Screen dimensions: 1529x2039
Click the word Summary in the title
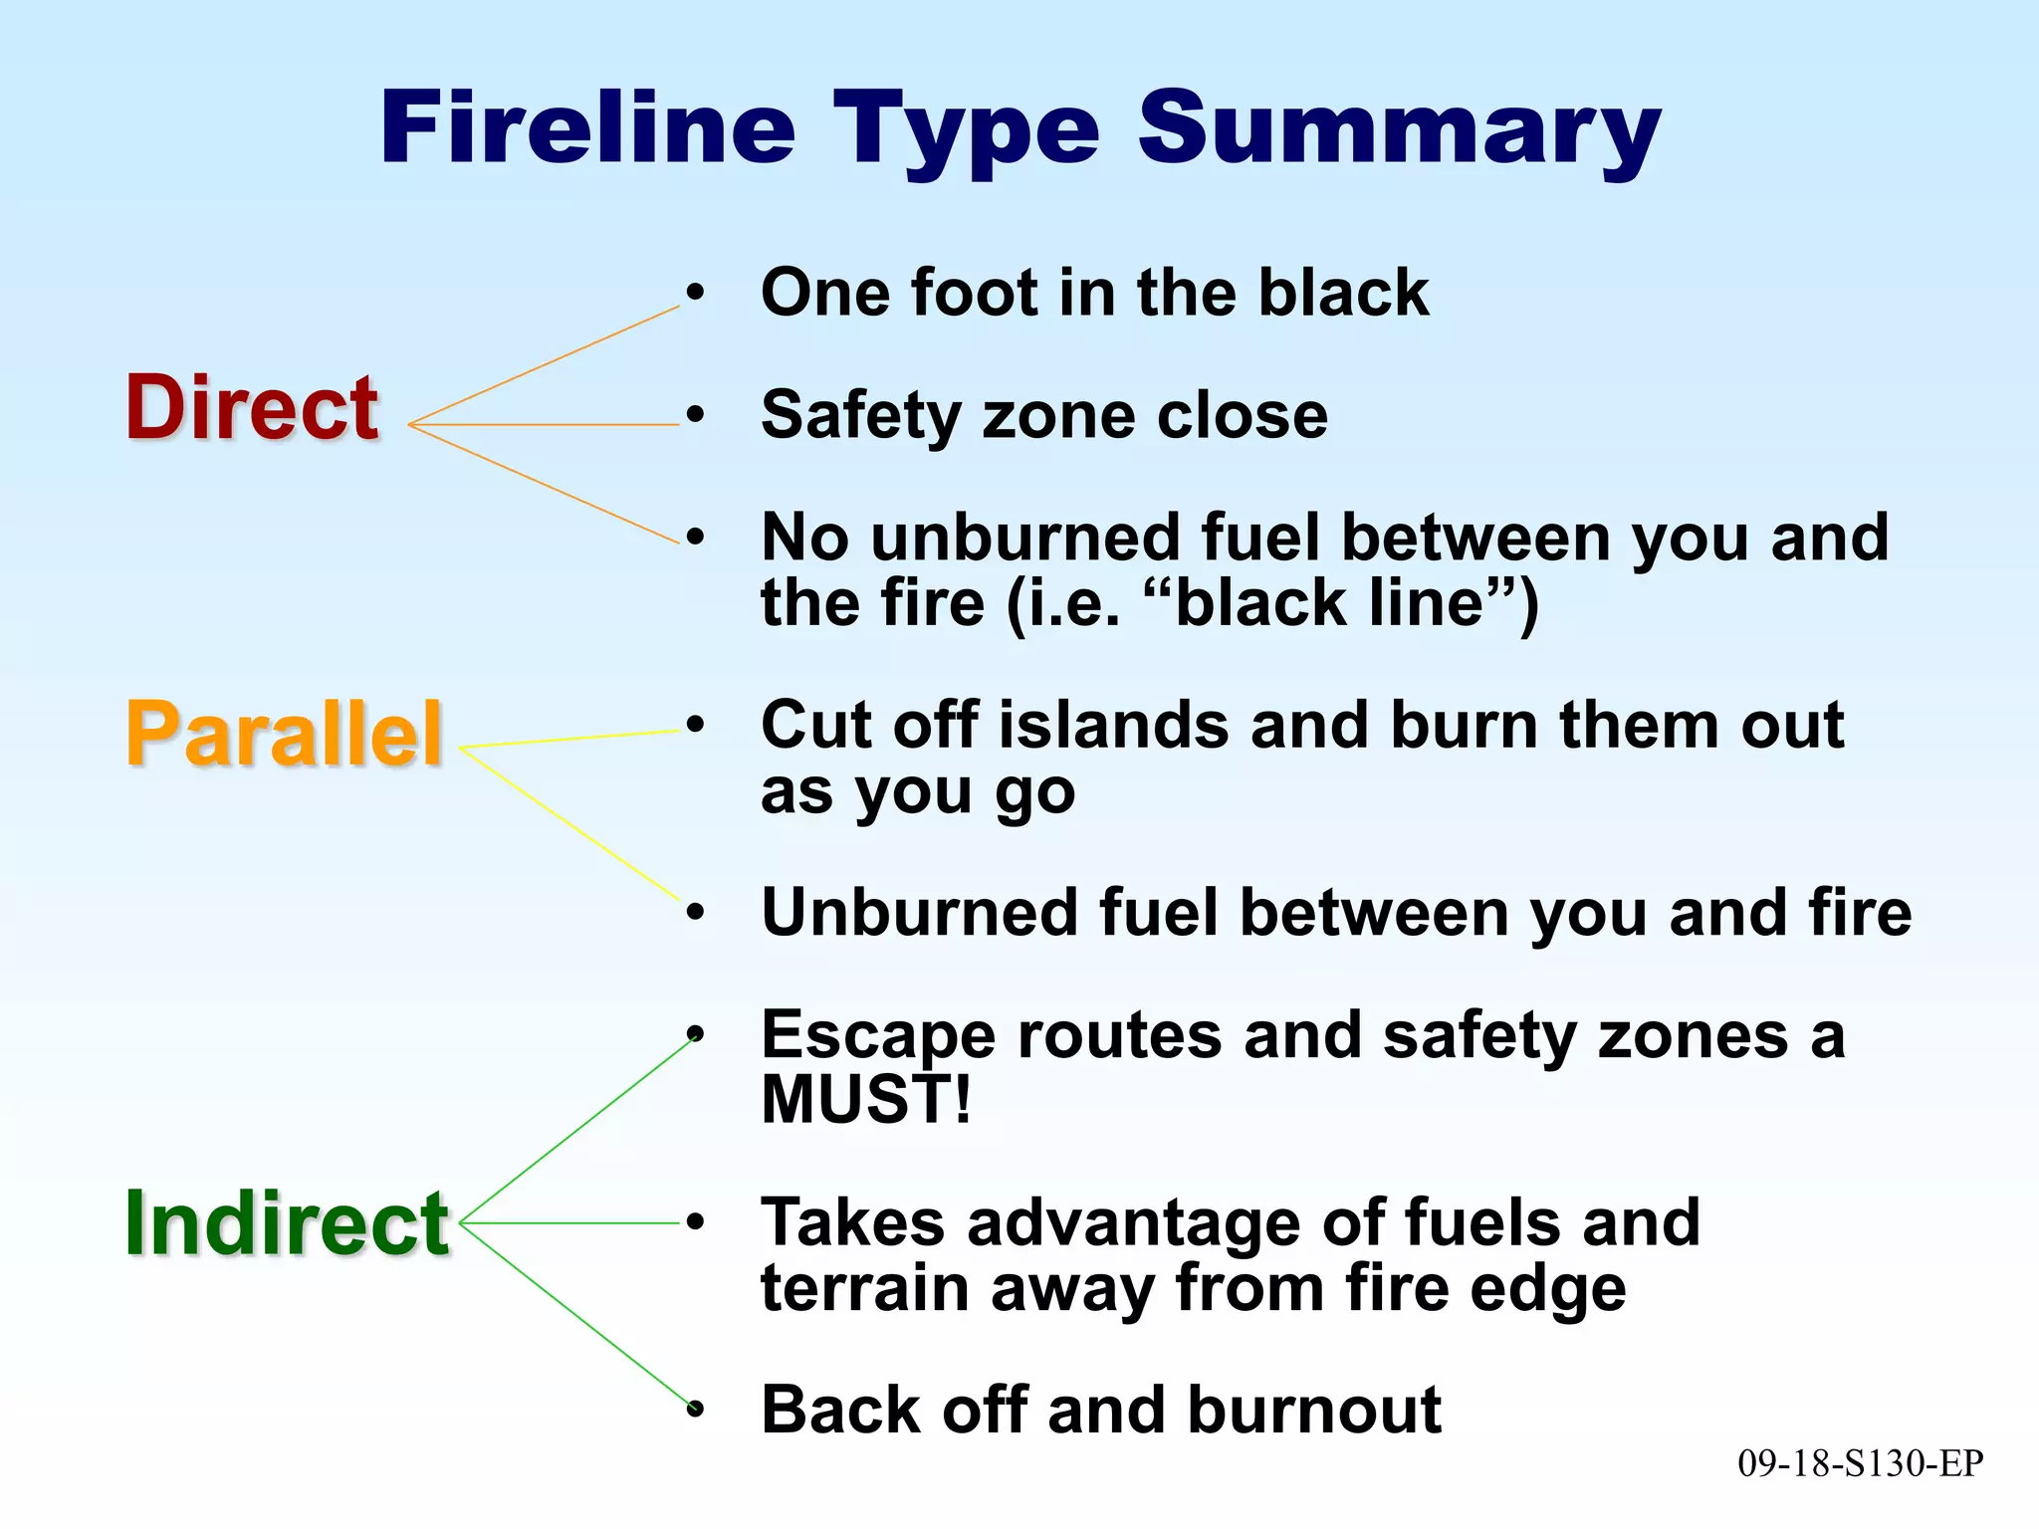pyautogui.click(x=1399, y=129)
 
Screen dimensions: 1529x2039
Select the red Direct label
pyautogui.click(x=251, y=408)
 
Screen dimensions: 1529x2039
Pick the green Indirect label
pyautogui.click(x=287, y=1224)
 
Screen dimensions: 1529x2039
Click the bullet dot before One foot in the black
pyautogui.click(x=695, y=293)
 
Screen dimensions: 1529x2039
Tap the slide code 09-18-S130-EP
pyautogui.click(x=1860, y=1463)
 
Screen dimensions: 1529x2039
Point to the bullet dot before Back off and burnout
pyautogui.click(x=695, y=1410)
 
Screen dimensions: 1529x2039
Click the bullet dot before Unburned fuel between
pyautogui.click(x=695, y=912)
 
